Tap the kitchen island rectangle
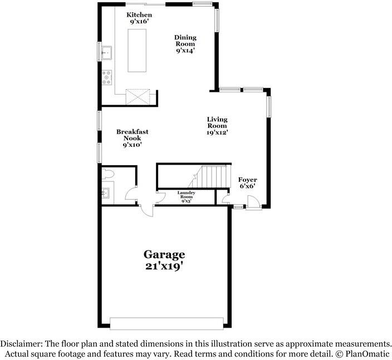pos(137,51)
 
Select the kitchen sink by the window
pos(107,53)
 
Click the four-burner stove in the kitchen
pos(107,77)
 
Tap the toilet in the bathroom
pos(108,174)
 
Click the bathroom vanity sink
pos(106,193)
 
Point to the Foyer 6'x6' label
pos(247,183)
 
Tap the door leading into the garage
pos(147,210)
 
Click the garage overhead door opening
pos(166,323)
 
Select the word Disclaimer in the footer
pos(21,344)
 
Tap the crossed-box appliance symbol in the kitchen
pos(138,96)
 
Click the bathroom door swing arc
pos(130,194)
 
